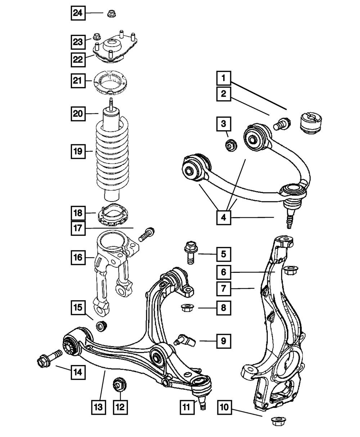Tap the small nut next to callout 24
pos(110,14)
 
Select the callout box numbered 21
pos(78,81)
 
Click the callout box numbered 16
pos(78,257)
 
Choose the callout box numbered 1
pos(224,77)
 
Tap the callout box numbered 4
pos(224,218)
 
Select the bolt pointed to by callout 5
pos(190,253)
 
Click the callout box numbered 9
pos(224,341)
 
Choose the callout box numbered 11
pos(186,407)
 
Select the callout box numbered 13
pos(99,407)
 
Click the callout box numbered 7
pos(224,288)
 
